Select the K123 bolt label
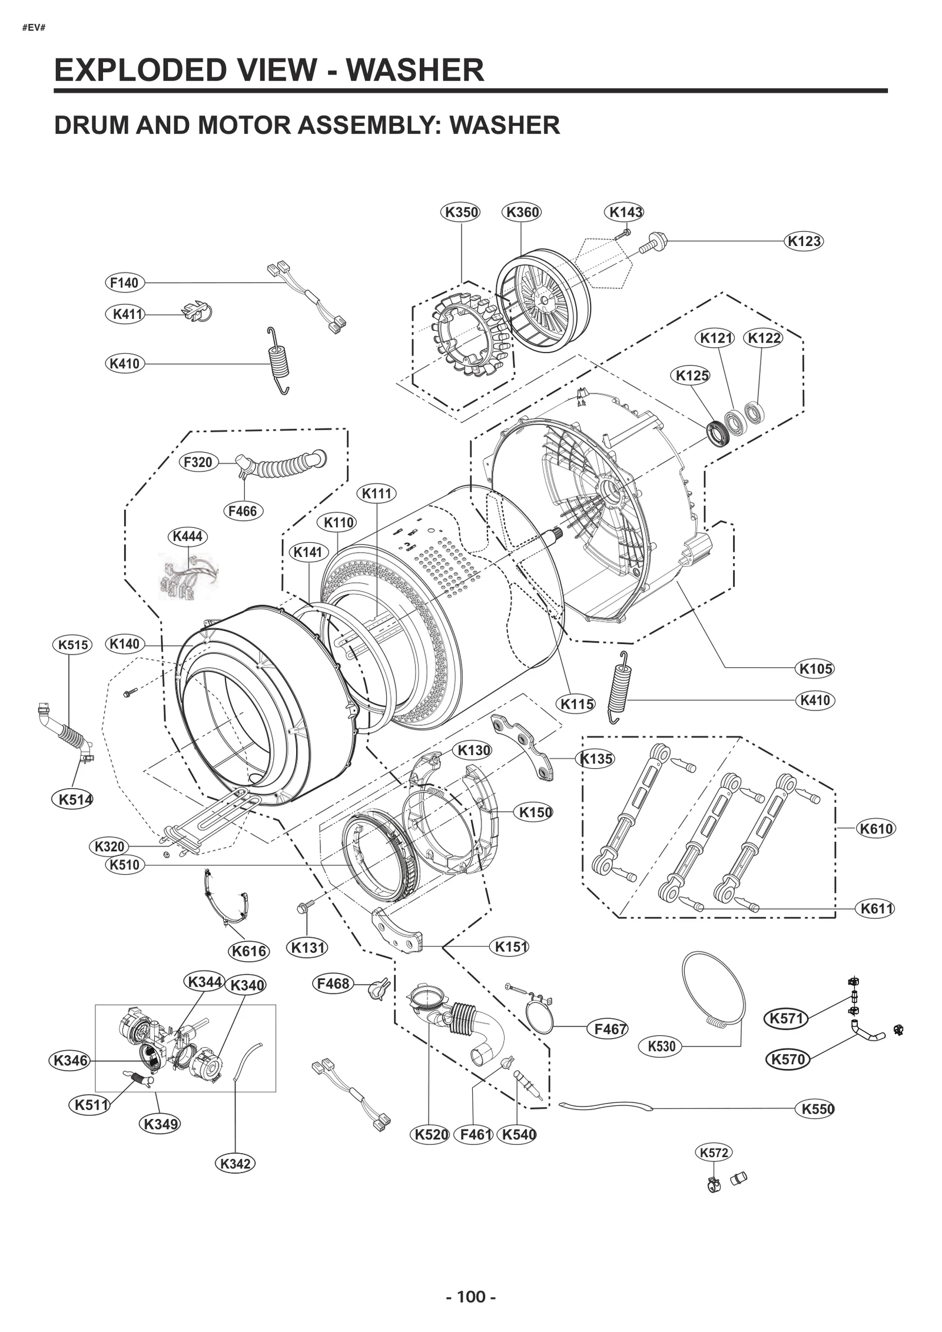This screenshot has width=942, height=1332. point(804,241)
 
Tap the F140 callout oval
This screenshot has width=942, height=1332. point(124,283)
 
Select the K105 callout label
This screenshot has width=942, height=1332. point(815,669)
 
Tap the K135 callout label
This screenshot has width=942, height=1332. point(596,759)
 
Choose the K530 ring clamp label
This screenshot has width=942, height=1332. point(661,1046)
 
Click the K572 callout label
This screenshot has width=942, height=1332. point(714,1152)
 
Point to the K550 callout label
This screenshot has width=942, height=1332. point(818,1109)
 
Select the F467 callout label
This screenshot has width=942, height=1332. point(611,1029)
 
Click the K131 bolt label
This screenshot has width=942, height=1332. point(309,948)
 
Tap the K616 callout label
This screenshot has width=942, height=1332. point(249,951)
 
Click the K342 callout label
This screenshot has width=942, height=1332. point(235,1164)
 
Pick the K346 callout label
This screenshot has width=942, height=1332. point(70,1061)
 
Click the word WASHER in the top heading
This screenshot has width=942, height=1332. point(414,70)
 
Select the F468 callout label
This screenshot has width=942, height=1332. point(333,984)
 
